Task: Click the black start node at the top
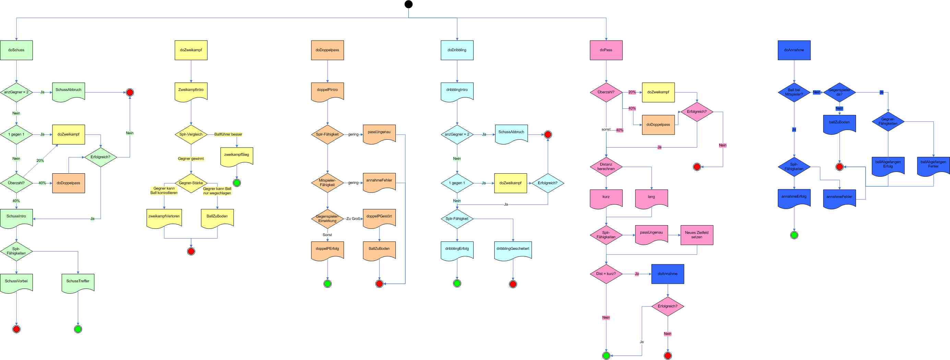click(408, 4)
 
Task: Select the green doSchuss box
click(16, 50)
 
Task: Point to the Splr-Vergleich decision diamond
click(191, 134)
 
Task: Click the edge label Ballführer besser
click(228, 134)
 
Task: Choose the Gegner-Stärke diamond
click(191, 183)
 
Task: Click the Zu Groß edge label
click(353, 219)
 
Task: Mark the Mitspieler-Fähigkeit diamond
click(328, 183)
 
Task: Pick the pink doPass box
click(606, 50)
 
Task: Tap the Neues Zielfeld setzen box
click(697, 235)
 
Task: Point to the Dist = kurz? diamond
click(606, 274)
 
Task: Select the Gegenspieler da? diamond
click(839, 92)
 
